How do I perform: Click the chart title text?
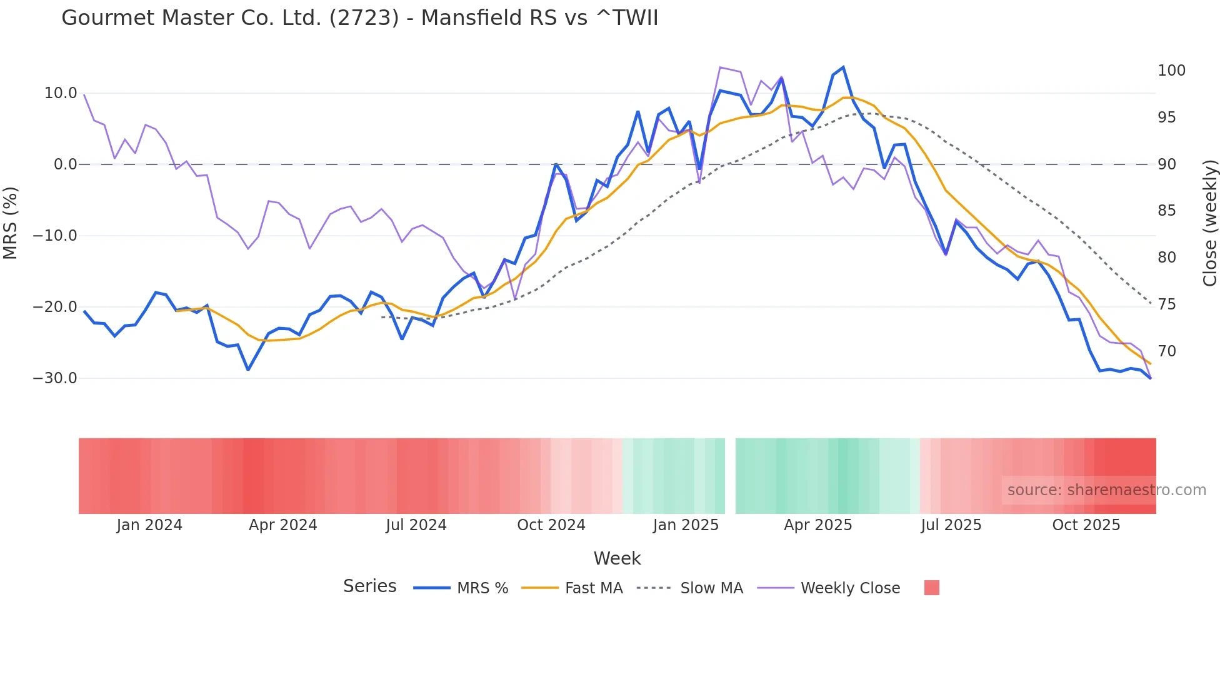359,18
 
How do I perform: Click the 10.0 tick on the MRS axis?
61,93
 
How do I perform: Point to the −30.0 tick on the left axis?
55,378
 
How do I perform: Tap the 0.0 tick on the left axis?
65,164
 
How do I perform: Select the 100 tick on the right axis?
1171,71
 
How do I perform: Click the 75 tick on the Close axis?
1166,304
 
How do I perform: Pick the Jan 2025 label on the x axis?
686,525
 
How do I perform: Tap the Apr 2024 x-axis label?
282,525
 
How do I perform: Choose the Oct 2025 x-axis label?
1086,525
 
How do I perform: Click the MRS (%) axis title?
11,223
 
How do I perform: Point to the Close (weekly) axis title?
1211,223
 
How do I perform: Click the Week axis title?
617,558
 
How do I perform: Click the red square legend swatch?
931,588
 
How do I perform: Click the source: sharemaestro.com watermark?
1106,490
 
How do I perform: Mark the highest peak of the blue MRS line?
843,68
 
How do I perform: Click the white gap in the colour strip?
730,476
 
